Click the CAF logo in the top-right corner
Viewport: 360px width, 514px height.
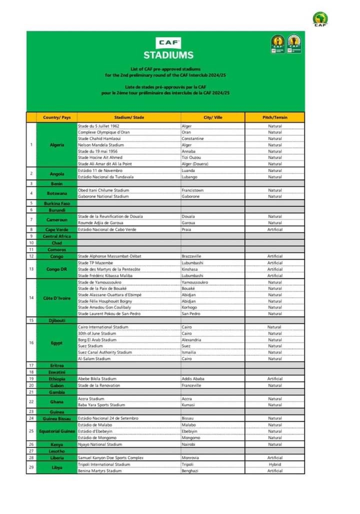pyautogui.click(x=320, y=20)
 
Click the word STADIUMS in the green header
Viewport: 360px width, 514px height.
pyautogui.click(x=168, y=55)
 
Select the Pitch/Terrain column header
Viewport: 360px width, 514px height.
pyautogui.click(x=274, y=117)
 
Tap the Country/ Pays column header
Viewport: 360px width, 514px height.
pyautogui.click(x=57, y=117)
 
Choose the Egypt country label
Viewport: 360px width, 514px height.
pyautogui.click(x=57, y=343)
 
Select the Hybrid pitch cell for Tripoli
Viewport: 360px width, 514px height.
pyautogui.click(x=274, y=464)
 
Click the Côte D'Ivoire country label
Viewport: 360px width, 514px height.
pyautogui.click(x=57, y=298)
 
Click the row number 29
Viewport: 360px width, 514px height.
pyautogui.click(x=31, y=467)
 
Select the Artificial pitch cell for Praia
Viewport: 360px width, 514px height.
pyautogui.click(x=274, y=229)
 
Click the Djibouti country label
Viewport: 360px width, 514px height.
pyautogui.click(x=57, y=320)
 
